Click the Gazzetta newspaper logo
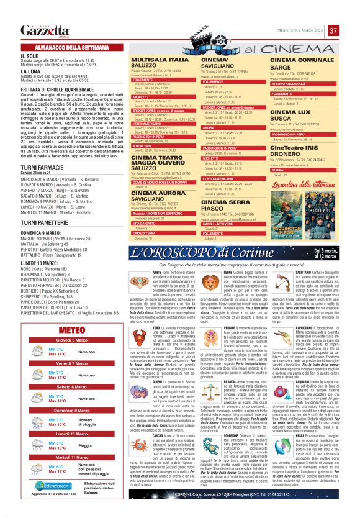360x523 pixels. click(42, 31)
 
